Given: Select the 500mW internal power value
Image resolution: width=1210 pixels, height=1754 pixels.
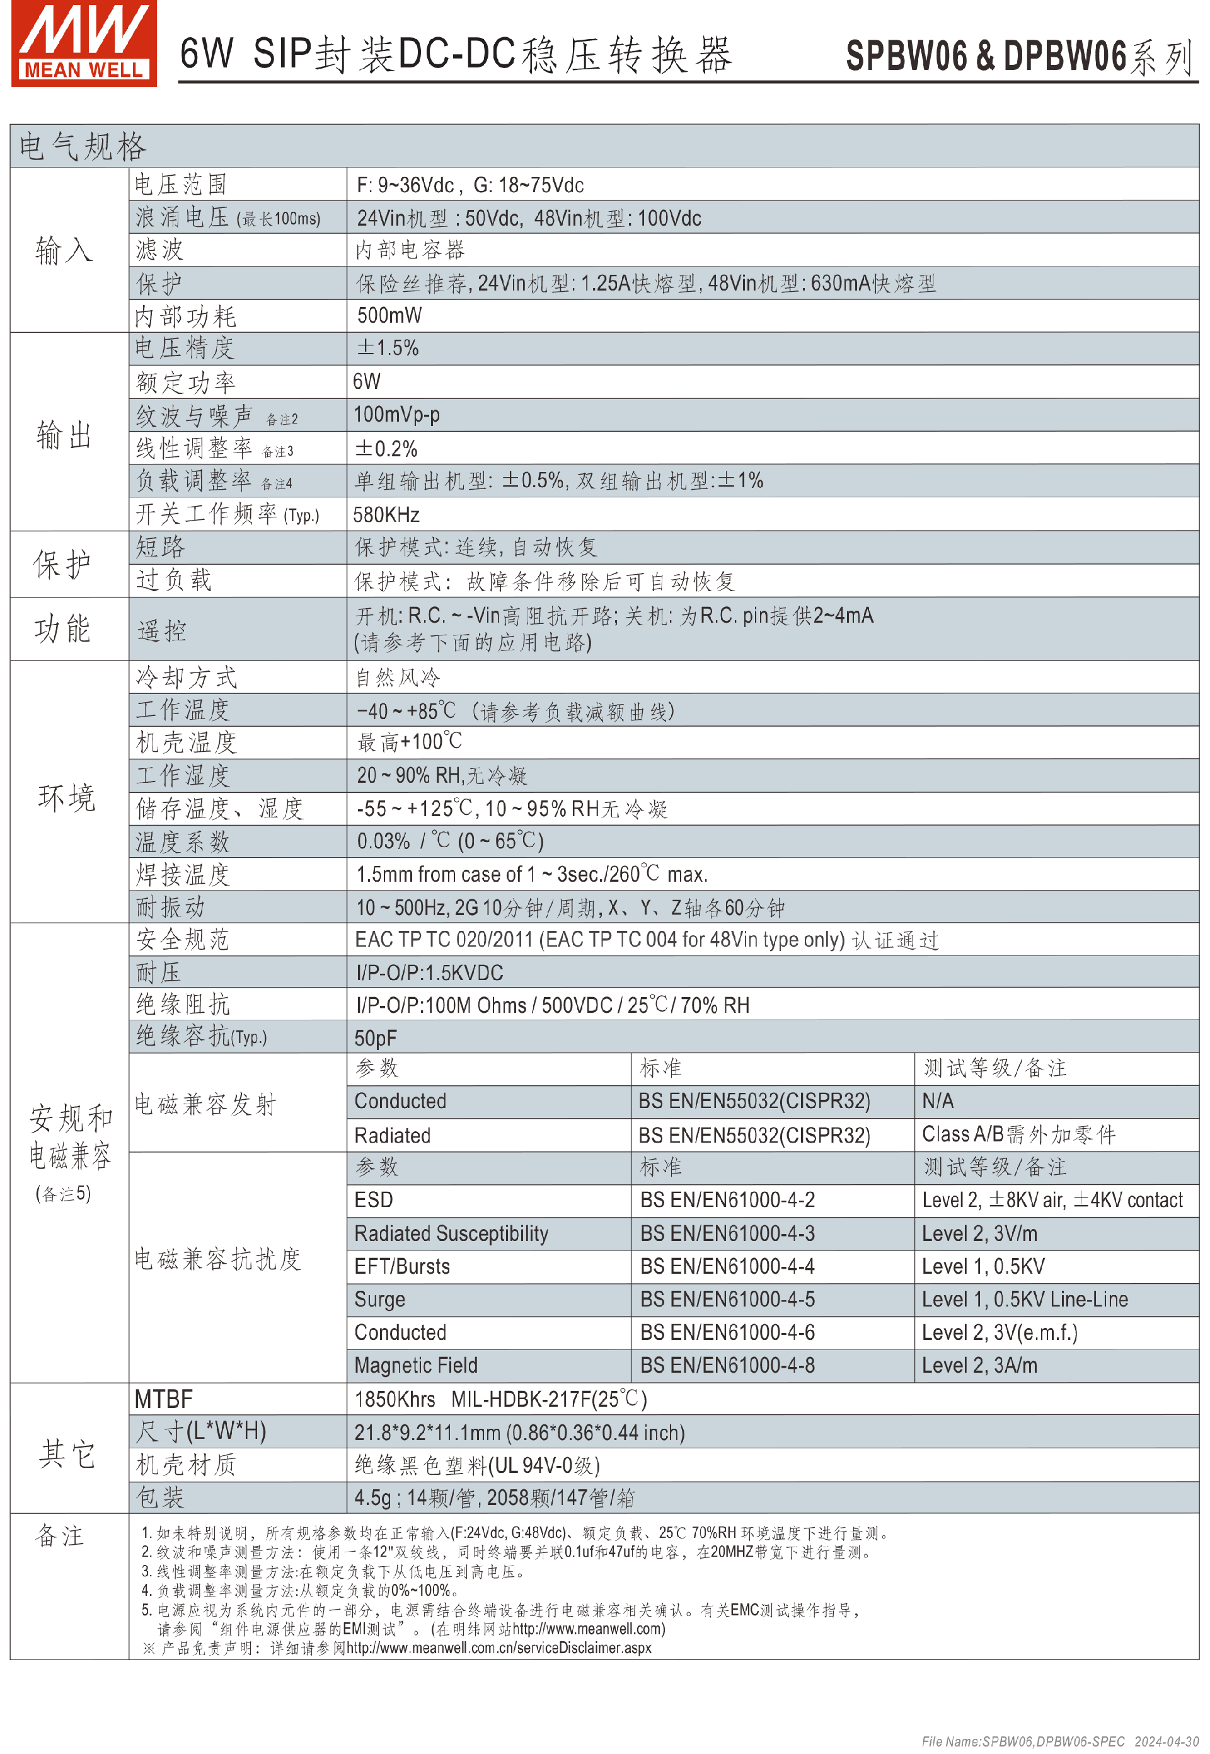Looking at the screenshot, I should [389, 315].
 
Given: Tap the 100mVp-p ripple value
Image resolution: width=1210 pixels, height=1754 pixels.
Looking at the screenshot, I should [396, 415].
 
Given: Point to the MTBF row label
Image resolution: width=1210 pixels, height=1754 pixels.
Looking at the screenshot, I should [164, 1399].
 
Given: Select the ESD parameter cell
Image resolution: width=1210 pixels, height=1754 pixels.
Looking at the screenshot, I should [374, 1200].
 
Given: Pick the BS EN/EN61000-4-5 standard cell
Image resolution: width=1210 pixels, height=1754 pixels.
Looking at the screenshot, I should [727, 1299].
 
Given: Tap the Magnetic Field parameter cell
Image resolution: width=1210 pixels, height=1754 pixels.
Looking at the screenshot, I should [415, 1365].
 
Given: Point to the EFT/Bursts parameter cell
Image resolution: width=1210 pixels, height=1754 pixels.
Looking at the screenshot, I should [402, 1266].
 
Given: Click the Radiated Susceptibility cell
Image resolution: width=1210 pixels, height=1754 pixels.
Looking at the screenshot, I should [451, 1233].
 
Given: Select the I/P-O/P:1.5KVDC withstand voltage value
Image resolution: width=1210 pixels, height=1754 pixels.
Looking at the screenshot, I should [429, 972].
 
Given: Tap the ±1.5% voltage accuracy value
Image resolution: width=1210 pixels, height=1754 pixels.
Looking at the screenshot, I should [388, 348].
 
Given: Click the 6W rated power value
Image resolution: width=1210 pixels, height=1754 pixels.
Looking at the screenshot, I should [366, 381].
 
